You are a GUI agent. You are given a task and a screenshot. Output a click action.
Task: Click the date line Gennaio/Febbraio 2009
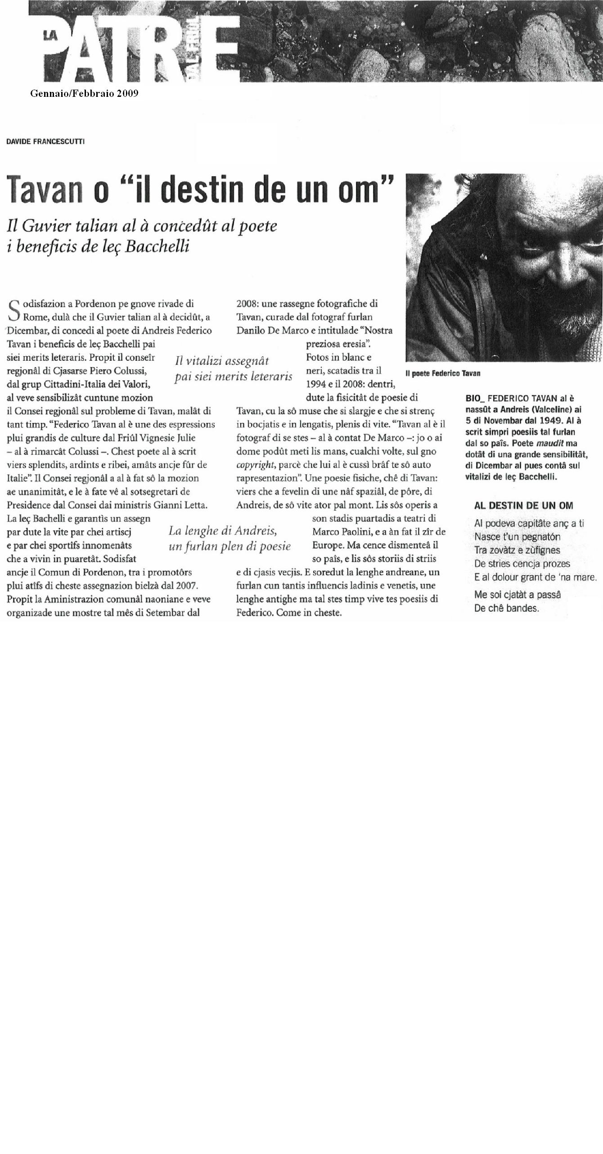[84, 94]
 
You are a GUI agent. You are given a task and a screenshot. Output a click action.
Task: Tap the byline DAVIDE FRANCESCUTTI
[45, 142]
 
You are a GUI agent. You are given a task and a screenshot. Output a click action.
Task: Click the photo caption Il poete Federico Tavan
[443, 373]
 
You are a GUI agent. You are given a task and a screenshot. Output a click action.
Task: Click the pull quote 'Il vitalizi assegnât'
[221, 361]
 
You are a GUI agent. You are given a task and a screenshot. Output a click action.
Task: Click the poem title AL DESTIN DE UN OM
[524, 506]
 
